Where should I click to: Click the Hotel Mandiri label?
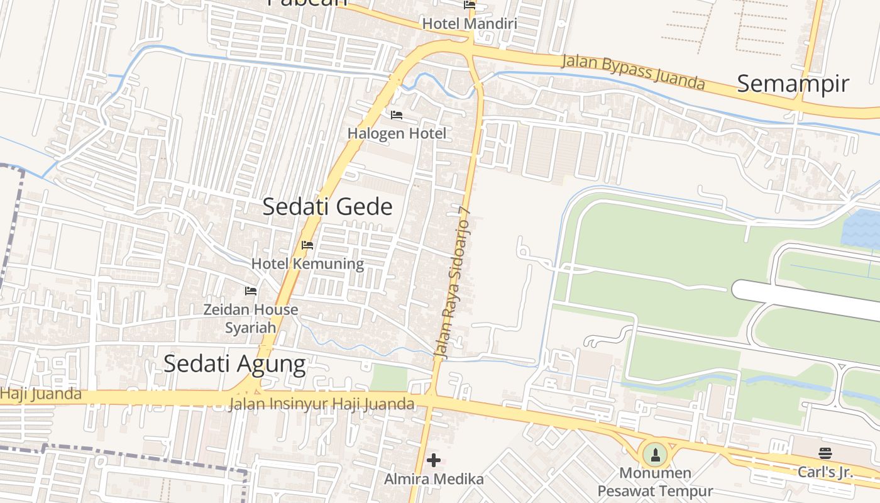[x=470, y=24]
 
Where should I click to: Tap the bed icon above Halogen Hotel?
[x=397, y=115]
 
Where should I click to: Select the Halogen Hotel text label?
[x=397, y=133]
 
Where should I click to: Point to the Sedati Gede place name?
[x=327, y=207]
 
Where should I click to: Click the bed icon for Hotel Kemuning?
[x=307, y=245]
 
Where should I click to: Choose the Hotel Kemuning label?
[x=307, y=263]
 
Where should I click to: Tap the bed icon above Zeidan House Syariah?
[x=251, y=291]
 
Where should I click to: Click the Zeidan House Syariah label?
[x=251, y=318]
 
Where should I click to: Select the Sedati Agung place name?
[x=234, y=363]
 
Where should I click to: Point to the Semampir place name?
[x=793, y=84]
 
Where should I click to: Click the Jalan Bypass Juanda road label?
[x=633, y=72]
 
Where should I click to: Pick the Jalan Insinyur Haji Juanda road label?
[x=321, y=404]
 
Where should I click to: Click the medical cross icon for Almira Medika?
[x=434, y=461]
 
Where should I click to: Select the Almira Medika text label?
[x=434, y=479]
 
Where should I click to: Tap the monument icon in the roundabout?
[x=655, y=454]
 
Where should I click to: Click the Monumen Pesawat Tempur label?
[x=655, y=482]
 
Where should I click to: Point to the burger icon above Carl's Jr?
[x=825, y=453]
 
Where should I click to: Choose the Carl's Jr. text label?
[x=825, y=472]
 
